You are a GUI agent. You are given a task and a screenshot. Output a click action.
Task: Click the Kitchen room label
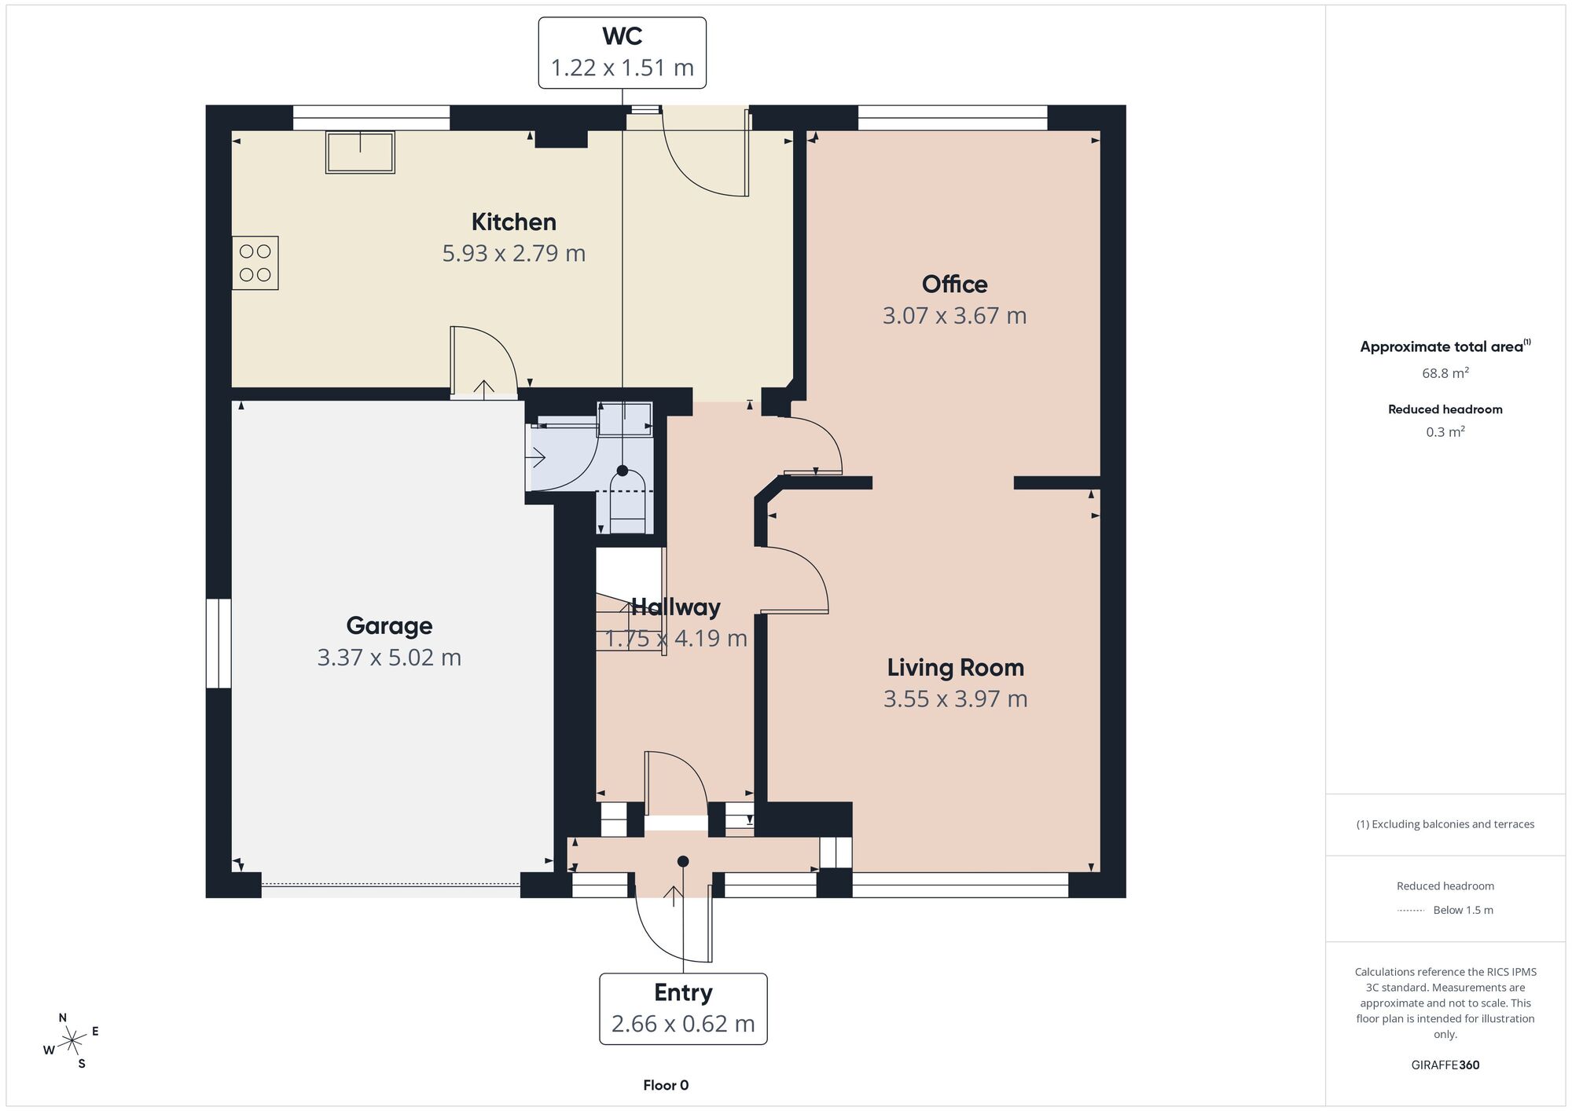pyautogui.click(x=514, y=222)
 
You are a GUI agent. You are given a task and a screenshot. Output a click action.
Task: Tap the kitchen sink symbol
pyautogui.click(x=360, y=152)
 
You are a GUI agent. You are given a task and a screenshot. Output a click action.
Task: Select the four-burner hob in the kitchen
pyautogui.click(x=255, y=263)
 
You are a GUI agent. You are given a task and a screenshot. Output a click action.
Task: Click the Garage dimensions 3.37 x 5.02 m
pyautogui.click(x=389, y=657)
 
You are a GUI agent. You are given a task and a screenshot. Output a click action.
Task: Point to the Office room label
pyautogui.click(x=954, y=284)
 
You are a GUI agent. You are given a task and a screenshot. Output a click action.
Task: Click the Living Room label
pyautogui.click(x=956, y=667)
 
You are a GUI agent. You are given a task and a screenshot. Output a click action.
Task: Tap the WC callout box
pyautogui.click(x=623, y=53)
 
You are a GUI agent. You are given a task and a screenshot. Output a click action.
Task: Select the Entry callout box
pyautogui.click(x=683, y=1009)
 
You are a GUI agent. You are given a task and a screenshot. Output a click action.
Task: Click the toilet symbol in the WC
pyautogui.click(x=627, y=501)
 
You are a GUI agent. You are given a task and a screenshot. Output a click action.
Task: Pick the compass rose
pyautogui.click(x=72, y=1042)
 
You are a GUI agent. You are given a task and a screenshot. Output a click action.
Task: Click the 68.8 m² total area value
pyautogui.click(x=1445, y=373)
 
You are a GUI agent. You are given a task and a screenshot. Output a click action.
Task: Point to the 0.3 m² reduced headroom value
pyautogui.click(x=1445, y=431)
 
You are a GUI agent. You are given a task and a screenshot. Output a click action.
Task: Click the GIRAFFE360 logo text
pyautogui.click(x=1445, y=1065)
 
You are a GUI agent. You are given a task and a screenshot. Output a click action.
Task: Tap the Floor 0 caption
pyautogui.click(x=666, y=1085)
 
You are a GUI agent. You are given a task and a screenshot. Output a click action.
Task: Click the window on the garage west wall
pyautogui.click(x=219, y=643)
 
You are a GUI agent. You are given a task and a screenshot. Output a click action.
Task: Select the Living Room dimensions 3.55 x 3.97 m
pyautogui.click(x=956, y=698)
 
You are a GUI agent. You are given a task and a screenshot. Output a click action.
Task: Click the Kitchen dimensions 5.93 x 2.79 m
pyautogui.click(x=514, y=253)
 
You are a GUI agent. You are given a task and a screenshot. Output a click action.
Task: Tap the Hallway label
pyautogui.click(x=676, y=607)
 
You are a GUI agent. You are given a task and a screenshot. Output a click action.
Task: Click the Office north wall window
pyautogui.click(x=953, y=118)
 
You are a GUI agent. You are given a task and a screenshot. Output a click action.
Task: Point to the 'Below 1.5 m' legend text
pyautogui.click(x=1463, y=910)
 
